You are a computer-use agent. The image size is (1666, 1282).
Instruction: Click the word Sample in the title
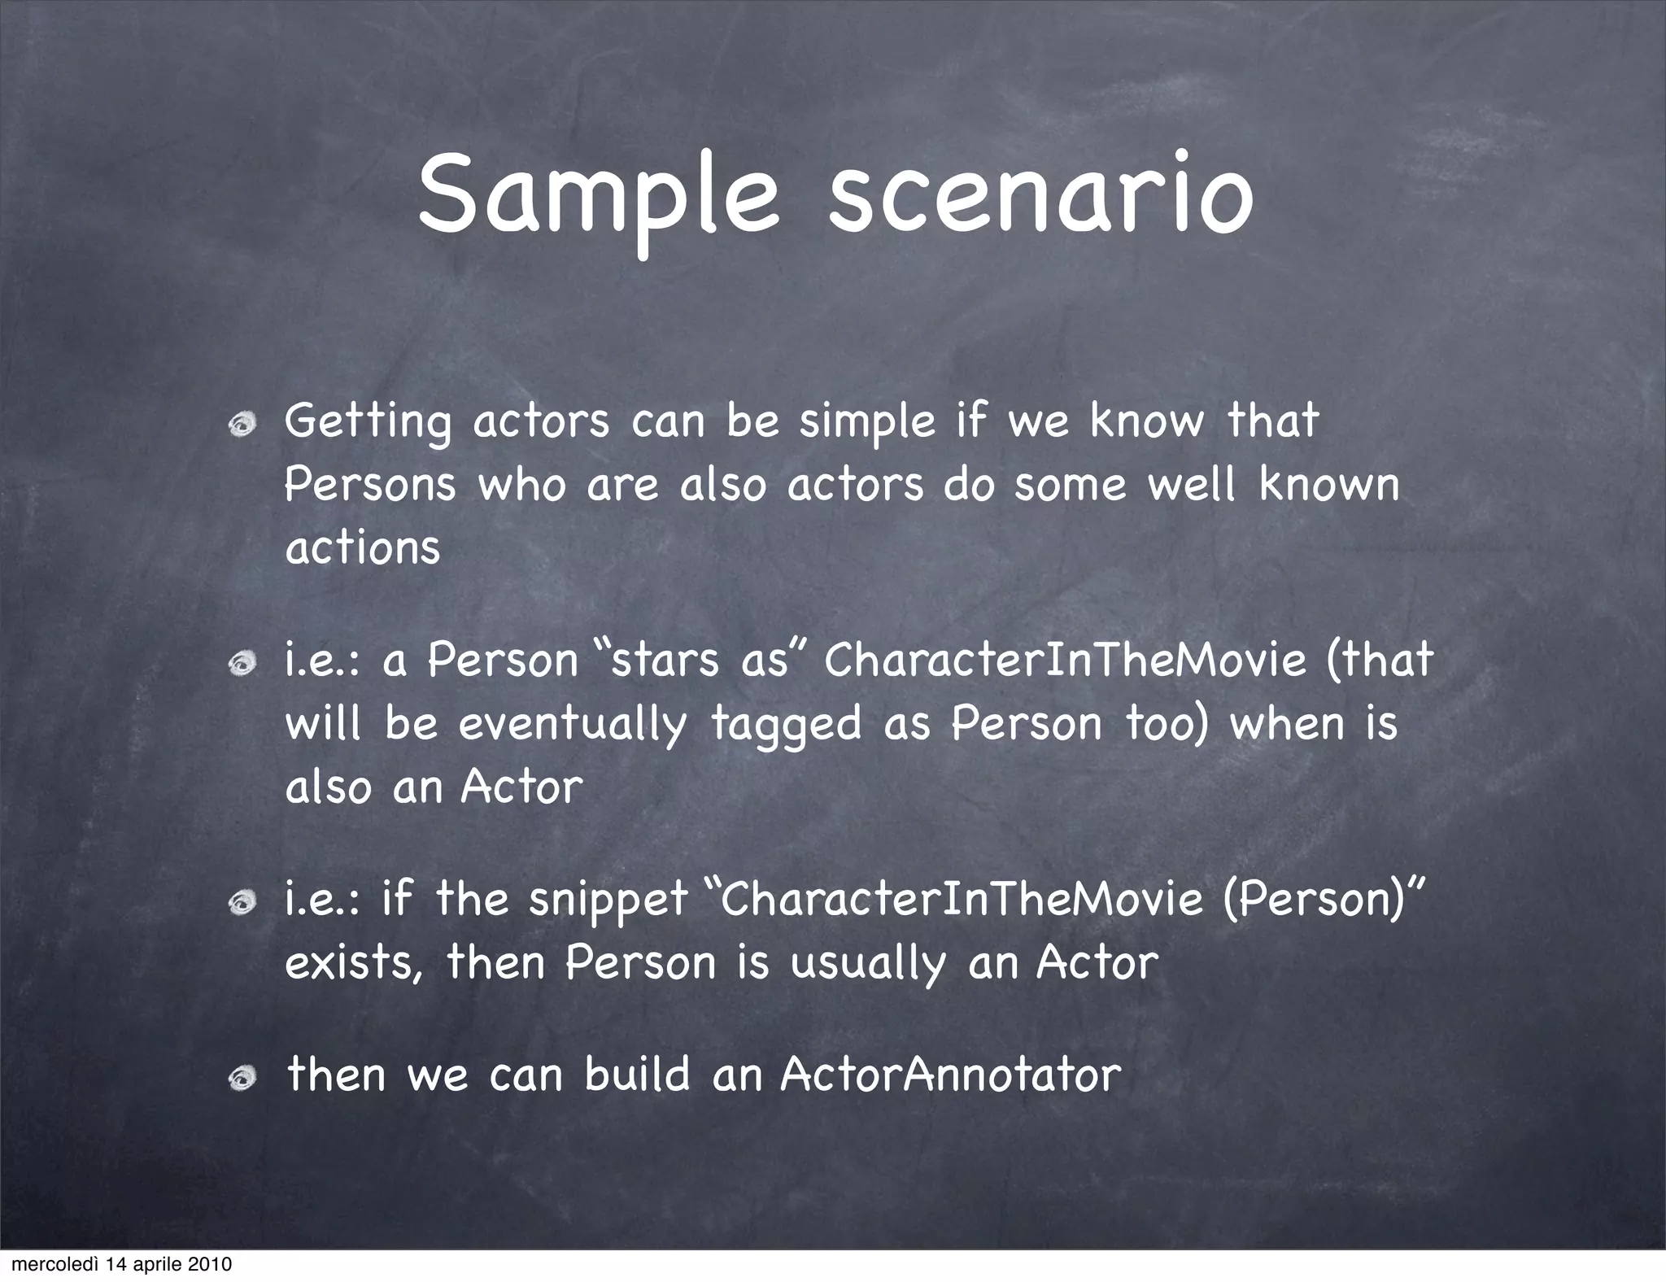(x=599, y=198)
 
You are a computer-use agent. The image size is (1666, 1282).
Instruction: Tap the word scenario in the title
(x=1039, y=198)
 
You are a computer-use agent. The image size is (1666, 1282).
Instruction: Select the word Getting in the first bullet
(x=368, y=422)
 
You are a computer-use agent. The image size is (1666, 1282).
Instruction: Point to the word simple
(x=867, y=422)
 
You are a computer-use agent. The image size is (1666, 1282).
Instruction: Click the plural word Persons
(x=370, y=485)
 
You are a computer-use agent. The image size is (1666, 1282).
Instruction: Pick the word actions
(x=363, y=547)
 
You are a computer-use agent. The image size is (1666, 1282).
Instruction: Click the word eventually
(x=572, y=724)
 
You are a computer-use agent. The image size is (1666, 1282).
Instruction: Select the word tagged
(x=786, y=724)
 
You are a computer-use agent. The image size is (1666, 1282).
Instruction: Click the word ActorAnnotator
(x=950, y=1075)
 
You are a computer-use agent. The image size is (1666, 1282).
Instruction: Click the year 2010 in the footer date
(x=211, y=1265)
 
